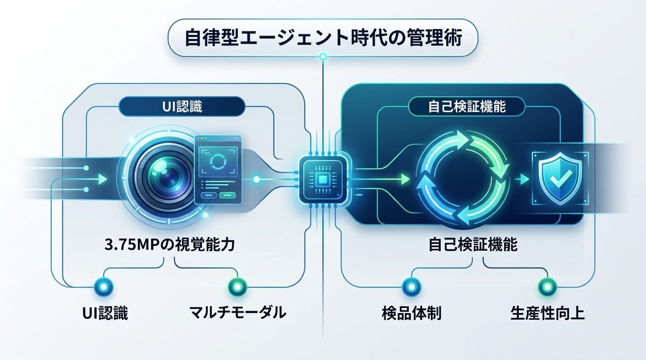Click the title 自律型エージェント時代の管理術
click(323, 38)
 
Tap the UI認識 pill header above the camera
click(171, 107)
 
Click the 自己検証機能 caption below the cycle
click(473, 245)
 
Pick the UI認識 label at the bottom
click(106, 313)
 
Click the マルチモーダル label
click(237, 313)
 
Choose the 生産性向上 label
click(547, 313)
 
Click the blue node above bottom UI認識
click(101, 286)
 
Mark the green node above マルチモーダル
click(236, 286)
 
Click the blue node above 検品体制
click(410, 286)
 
